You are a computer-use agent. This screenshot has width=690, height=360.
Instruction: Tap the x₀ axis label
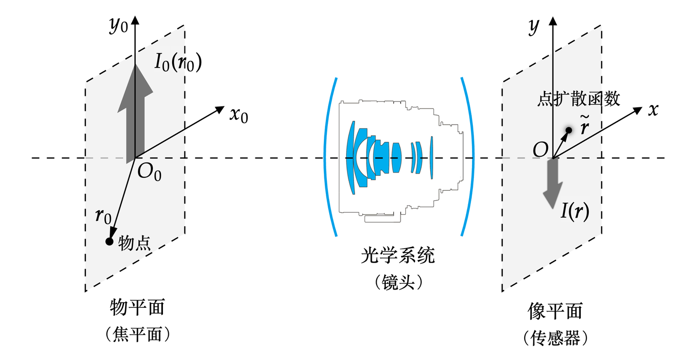[238, 116]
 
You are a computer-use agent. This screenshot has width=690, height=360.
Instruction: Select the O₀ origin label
[149, 172]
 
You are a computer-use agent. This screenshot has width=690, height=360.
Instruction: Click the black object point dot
[109, 241]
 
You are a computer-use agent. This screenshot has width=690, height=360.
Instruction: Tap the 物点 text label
[135, 244]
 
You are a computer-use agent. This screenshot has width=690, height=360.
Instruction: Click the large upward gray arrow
[136, 115]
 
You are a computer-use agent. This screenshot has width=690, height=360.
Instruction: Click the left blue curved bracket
[330, 157]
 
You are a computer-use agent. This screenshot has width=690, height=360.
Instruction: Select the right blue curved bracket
[468, 157]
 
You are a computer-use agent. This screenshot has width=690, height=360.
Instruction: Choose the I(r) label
[575, 210]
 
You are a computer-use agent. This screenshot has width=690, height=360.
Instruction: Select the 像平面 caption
[554, 311]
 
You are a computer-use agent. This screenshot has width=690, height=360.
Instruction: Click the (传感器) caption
[555, 338]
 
